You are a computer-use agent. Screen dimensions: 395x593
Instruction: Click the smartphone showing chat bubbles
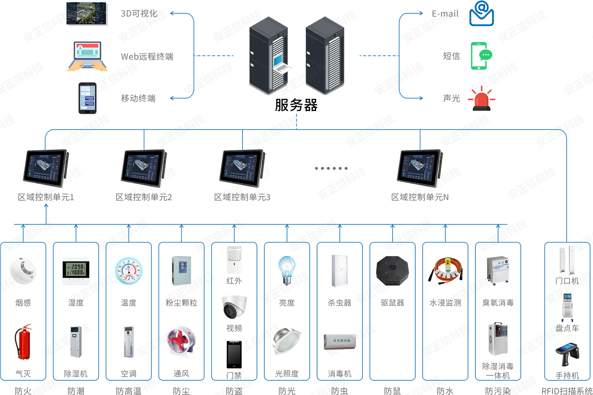point(87,99)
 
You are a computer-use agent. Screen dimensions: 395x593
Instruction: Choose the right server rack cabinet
point(324,57)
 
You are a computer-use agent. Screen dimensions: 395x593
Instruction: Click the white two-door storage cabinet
point(339,269)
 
